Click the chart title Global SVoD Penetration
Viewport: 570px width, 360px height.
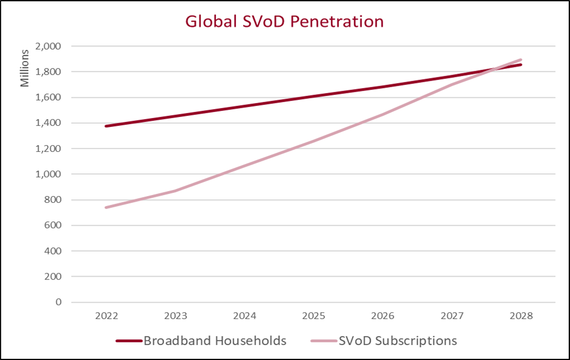284,22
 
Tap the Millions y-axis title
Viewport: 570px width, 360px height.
25,68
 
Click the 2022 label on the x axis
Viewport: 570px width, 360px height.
106,316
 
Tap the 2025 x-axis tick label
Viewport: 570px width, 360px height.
313,316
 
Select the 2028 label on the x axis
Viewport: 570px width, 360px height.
520,316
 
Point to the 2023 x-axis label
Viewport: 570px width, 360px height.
175,316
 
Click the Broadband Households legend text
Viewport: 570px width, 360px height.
215,341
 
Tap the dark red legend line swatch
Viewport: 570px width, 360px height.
129,341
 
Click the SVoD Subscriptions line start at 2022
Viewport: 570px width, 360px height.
106,208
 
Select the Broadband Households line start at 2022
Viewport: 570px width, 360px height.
106,126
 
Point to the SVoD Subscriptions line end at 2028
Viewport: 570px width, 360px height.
520,60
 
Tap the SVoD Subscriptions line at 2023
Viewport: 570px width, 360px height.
175,191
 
